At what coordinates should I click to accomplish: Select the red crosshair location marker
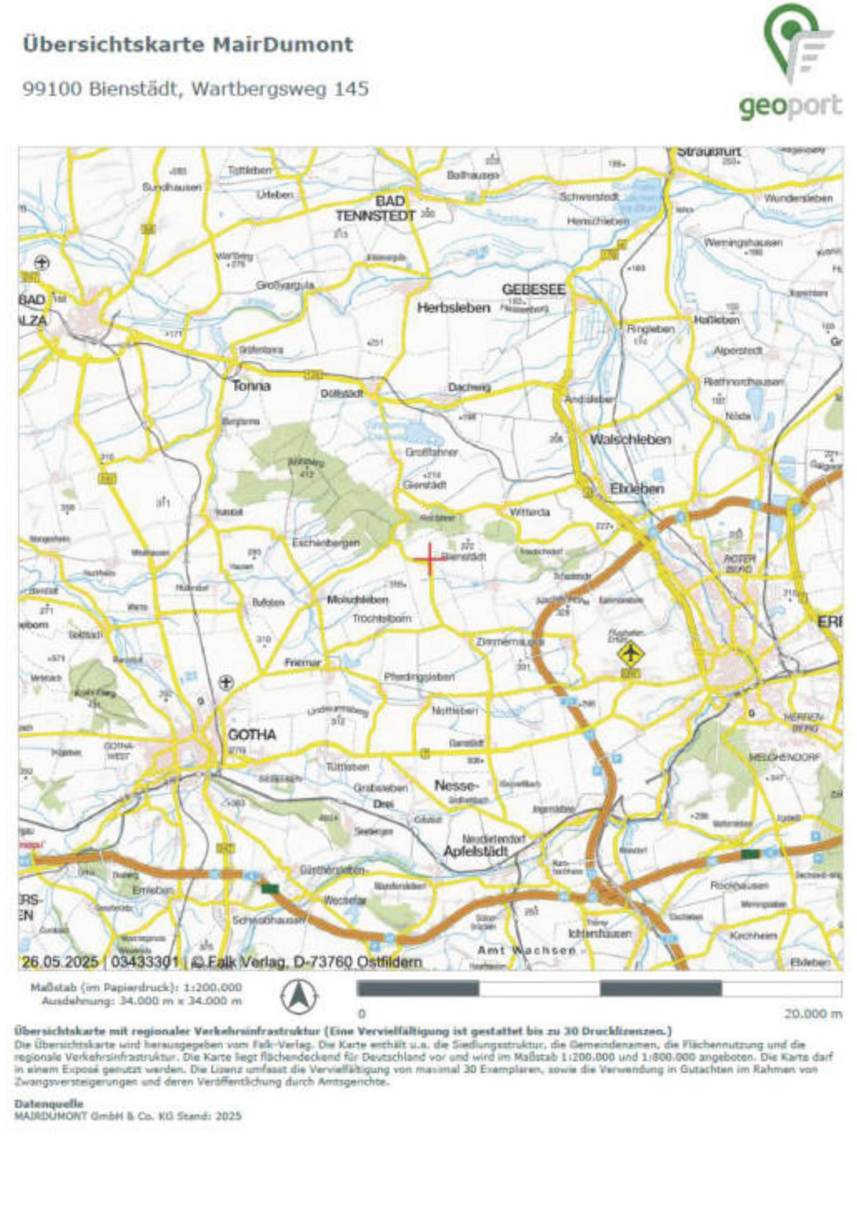(430, 558)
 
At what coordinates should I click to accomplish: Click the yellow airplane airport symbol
(630, 653)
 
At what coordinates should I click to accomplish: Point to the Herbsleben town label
(453, 308)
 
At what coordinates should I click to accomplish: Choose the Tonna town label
(250, 385)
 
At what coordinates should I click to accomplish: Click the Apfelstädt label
(475, 851)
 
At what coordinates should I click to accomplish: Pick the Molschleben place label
(358, 600)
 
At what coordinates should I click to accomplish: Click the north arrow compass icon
(300, 997)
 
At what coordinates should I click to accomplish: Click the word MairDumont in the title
(282, 44)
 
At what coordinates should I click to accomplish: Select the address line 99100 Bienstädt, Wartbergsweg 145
(195, 88)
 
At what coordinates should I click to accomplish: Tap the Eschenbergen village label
(326, 543)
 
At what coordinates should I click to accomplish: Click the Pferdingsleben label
(419, 676)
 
